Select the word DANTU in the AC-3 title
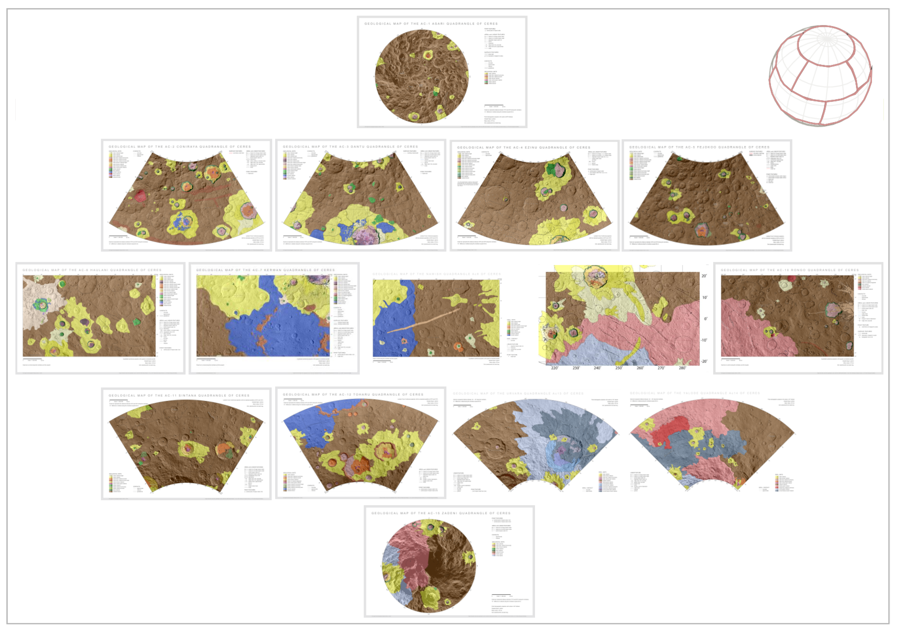pos(358,147)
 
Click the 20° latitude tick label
pos(704,276)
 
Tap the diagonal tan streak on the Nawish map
pos(423,321)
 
